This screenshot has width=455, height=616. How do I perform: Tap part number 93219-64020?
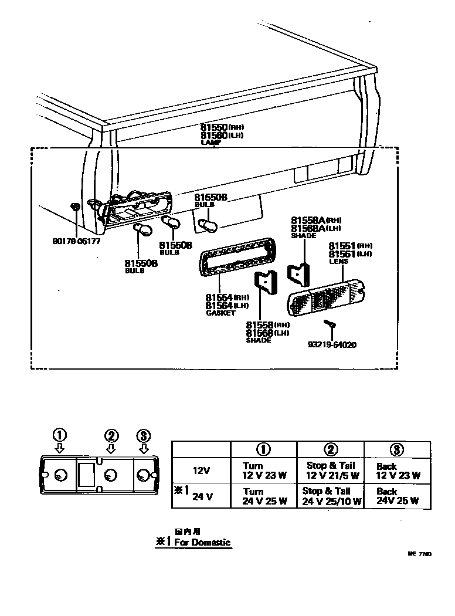(331, 344)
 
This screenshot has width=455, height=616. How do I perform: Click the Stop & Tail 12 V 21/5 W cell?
(331, 471)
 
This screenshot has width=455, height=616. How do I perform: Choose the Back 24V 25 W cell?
(398, 496)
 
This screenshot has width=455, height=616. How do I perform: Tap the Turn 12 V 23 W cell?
(264, 471)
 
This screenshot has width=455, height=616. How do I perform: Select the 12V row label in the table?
(201, 471)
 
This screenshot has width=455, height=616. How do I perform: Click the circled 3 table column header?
(398, 449)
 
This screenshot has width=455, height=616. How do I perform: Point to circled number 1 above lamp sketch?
(59, 435)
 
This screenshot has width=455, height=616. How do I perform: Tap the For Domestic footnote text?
(193, 543)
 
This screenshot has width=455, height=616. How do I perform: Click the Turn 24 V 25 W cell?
(264, 496)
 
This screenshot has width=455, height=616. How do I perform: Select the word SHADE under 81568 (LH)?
(259, 341)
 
